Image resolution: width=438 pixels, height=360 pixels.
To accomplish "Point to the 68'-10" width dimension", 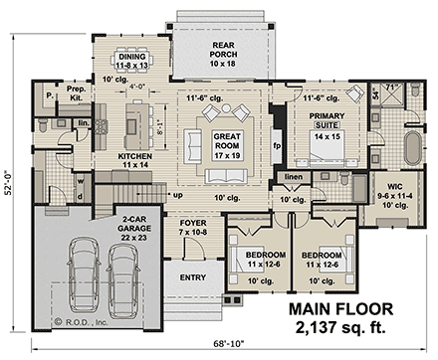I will [x=217, y=345].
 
